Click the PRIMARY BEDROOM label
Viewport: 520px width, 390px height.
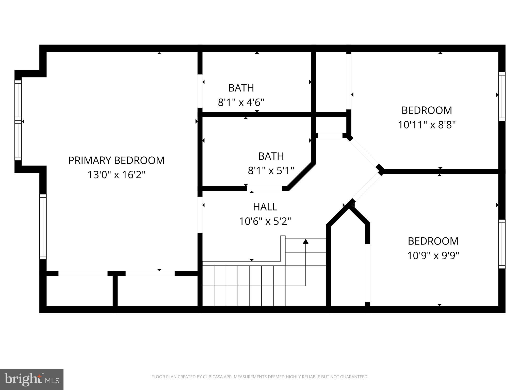(x=116, y=160)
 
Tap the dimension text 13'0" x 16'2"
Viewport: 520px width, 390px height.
(x=116, y=175)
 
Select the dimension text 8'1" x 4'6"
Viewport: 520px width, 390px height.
(x=241, y=103)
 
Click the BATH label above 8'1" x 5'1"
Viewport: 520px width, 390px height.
(x=271, y=156)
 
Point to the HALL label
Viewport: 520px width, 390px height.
(x=265, y=207)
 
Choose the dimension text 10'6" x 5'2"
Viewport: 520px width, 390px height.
(x=265, y=221)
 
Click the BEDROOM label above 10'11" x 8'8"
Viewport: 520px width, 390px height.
(x=427, y=110)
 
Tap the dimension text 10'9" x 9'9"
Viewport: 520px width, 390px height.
(x=433, y=256)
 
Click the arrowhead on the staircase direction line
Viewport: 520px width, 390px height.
(x=306, y=241)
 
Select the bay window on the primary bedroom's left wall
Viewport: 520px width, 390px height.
(x=18, y=120)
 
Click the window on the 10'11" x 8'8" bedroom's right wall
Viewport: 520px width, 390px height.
(x=502, y=96)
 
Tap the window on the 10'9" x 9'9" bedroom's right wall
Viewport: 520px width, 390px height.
(x=502, y=244)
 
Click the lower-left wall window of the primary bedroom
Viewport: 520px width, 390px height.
(x=43, y=227)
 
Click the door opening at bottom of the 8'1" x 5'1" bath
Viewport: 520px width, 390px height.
(x=264, y=188)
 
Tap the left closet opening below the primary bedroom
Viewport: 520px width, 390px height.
(x=83, y=273)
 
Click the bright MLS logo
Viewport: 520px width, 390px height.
(x=31, y=379)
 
